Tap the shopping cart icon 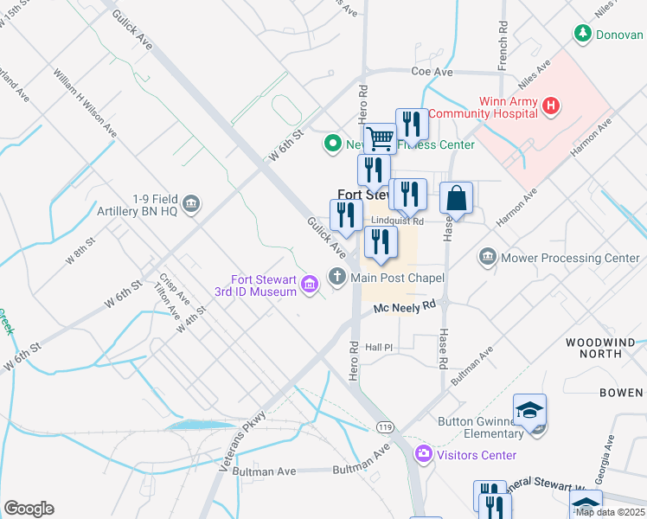point(379,138)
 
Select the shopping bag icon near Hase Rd point(456,197)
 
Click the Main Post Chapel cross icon point(336,278)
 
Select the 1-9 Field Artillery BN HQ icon point(191,204)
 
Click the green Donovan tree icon point(583,34)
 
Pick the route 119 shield point(386,426)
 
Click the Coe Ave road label point(432,72)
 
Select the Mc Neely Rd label point(403,306)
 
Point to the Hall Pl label point(379,347)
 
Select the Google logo point(29,508)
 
